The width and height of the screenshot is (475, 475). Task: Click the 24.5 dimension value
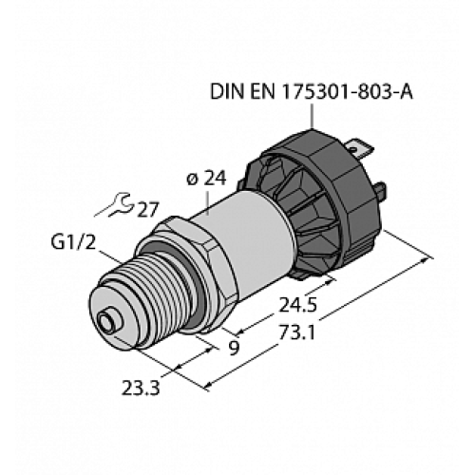pyautogui.click(x=295, y=308)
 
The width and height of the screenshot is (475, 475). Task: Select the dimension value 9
pyautogui.click(x=232, y=349)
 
